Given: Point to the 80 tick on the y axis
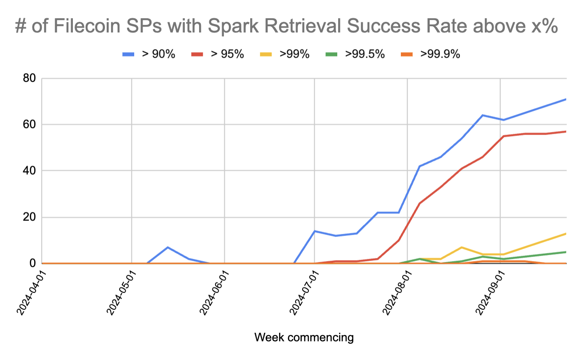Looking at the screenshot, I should [29, 79].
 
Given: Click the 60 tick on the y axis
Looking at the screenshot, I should [29, 125].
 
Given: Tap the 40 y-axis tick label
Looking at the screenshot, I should [29, 171].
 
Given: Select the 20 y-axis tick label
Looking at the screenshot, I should [29, 218].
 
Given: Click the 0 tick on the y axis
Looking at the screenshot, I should [32, 264].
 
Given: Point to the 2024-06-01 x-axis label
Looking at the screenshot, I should [212, 294].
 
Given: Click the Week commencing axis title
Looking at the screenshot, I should [304, 338].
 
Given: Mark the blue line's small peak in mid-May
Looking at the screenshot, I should [168, 247].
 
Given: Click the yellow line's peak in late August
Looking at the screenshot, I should [462, 247].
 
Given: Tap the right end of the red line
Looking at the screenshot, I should [566, 132].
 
